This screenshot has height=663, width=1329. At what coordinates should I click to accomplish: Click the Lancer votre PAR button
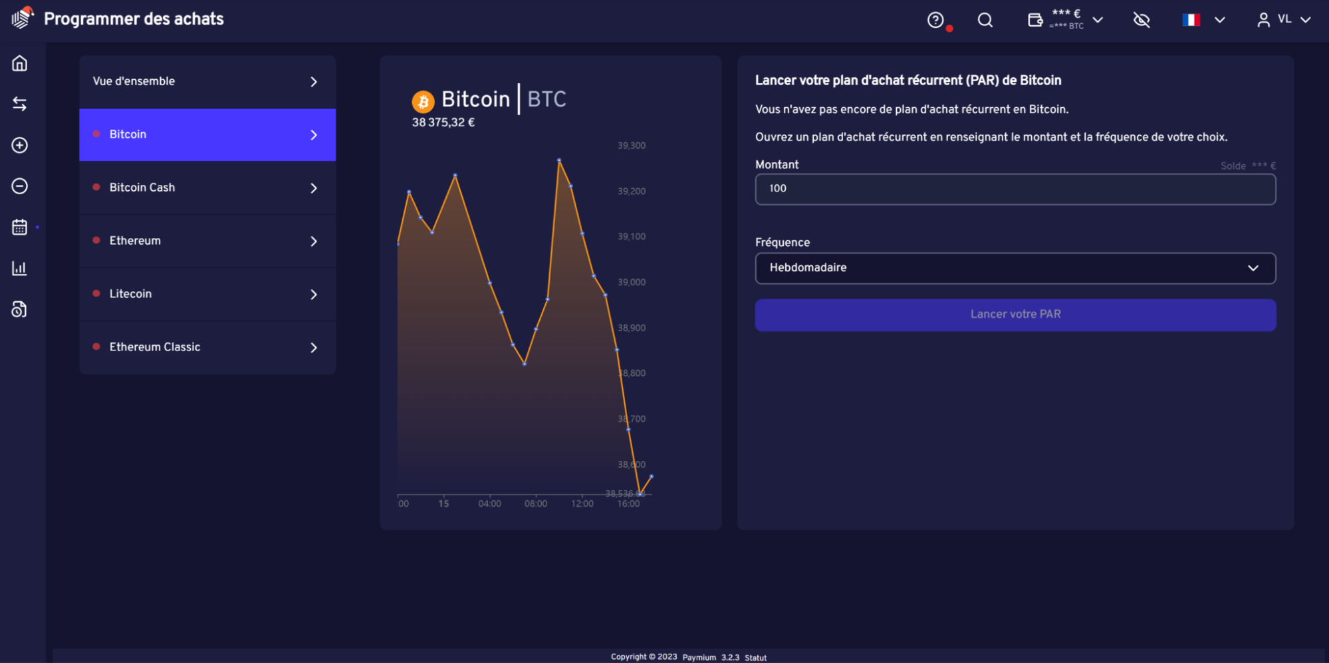pyautogui.click(x=1015, y=315)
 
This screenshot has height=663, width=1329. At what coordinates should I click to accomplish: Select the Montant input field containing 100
pyautogui.click(x=1015, y=189)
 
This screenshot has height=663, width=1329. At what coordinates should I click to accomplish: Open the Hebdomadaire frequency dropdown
pyautogui.click(x=1015, y=268)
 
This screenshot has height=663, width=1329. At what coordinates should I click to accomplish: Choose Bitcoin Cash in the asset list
pyautogui.click(x=207, y=188)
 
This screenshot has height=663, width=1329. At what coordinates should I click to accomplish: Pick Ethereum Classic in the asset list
pyautogui.click(x=207, y=347)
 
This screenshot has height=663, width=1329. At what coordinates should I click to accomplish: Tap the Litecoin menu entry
pyautogui.click(x=207, y=294)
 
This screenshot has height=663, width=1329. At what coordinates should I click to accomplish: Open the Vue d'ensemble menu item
pyautogui.click(x=207, y=82)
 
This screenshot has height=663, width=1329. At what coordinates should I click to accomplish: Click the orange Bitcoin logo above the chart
pyautogui.click(x=423, y=102)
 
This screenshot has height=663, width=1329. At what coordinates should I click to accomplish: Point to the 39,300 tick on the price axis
pyautogui.click(x=631, y=146)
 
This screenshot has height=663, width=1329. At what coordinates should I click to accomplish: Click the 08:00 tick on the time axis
pyautogui.click(x=536, y=504)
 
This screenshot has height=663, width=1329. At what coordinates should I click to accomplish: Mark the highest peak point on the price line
pyautogui.click(x=559, y=160)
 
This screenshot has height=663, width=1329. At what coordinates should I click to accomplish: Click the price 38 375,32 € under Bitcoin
pyautogui.click(x=443, y=123)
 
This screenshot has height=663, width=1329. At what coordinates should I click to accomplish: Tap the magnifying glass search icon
pyautogui.click(x=985, y=20)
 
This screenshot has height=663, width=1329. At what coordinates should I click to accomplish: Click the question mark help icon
pyautogui.click(x=935, y=20)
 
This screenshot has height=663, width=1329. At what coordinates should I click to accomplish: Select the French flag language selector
pyautogui.click(x=1191, y=20)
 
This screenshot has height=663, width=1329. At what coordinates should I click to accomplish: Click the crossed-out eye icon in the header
pyautogui.click(x=1142, y=20)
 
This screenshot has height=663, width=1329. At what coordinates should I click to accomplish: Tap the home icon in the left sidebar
pyautogui.click(x=20, y=63)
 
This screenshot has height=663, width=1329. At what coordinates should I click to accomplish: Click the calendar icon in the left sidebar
pyautogui.click(x=20, y=227)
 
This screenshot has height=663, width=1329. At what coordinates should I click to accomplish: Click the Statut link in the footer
pyautogui.click(x=755, y=658)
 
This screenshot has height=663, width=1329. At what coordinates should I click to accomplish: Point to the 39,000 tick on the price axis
pyautogui.click(x=631, y=283)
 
